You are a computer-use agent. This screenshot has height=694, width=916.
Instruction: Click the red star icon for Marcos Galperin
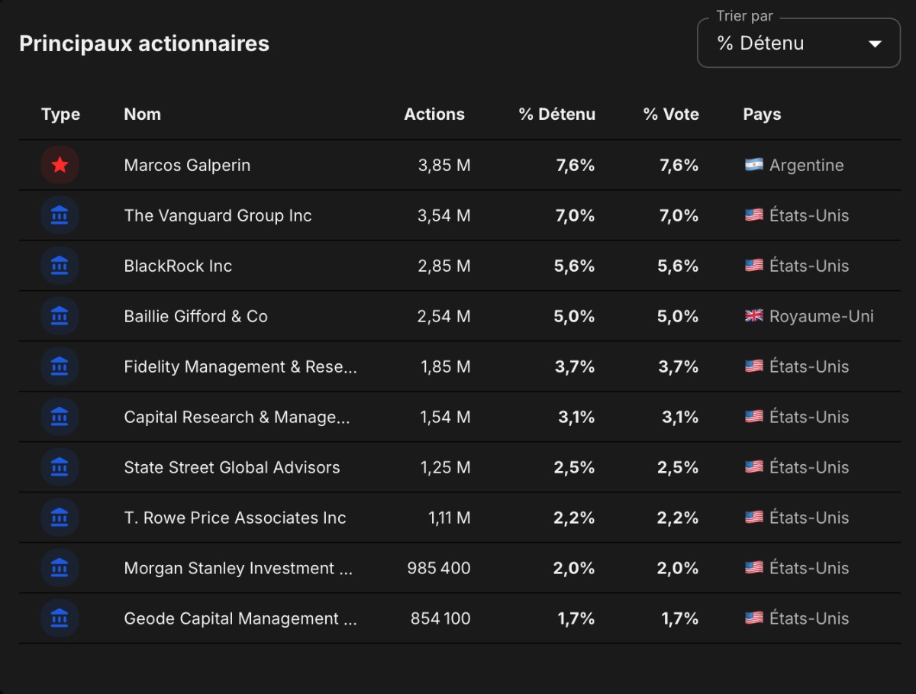(60, 165)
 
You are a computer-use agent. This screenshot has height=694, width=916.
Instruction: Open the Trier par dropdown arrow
(875, 44)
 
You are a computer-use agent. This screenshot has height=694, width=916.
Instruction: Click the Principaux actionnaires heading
(144, 44)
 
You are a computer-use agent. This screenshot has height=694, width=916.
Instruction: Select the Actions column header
(434, 114)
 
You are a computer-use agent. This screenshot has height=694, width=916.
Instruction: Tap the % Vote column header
(671, 114)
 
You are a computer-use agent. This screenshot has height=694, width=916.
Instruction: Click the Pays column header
(762, 115)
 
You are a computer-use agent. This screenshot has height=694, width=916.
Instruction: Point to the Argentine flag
(754, 164)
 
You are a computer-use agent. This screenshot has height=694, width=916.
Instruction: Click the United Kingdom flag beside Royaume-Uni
(754, 315)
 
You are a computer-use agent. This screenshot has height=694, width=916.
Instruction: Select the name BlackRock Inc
(178, 266)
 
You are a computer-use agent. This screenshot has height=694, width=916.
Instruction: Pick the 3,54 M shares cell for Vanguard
(444, 216)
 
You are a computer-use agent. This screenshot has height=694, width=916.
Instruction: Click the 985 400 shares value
(439, 568)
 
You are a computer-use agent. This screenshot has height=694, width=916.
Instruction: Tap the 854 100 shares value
(440, 618)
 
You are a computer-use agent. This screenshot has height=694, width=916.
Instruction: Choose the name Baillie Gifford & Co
(195, 316)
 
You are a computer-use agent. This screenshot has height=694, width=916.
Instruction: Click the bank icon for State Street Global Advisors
(60, 467)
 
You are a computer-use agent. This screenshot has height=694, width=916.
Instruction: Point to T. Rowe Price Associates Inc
(235, 518)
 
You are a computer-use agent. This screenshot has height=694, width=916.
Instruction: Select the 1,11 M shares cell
(450, 518)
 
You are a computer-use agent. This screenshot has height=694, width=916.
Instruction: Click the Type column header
(60, 115)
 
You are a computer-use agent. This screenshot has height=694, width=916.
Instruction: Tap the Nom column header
(142, 114)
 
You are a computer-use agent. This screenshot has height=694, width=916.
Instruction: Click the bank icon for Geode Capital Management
(60, 618)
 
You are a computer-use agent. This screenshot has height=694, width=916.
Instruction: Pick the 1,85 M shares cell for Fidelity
(446, 366)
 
